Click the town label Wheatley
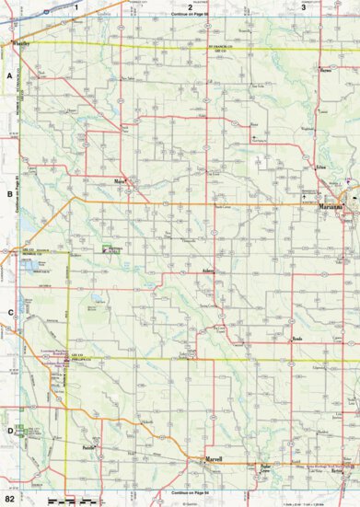[20, 43]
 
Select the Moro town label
[119, 180]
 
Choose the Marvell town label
[215, 456]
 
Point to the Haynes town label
[325, 67]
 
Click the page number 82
[8, 498]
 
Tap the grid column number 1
[77, 6]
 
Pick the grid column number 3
[303, 6]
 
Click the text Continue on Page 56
[191, 16]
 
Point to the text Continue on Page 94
[191, 490]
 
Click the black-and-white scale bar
[72, 499]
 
